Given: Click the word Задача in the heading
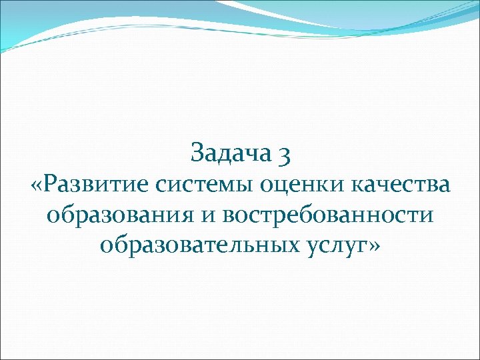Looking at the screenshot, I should (x=231, y=153).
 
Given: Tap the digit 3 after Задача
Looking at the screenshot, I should (x=283, y=155).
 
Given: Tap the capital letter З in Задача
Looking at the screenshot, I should (x=197, y=153).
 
